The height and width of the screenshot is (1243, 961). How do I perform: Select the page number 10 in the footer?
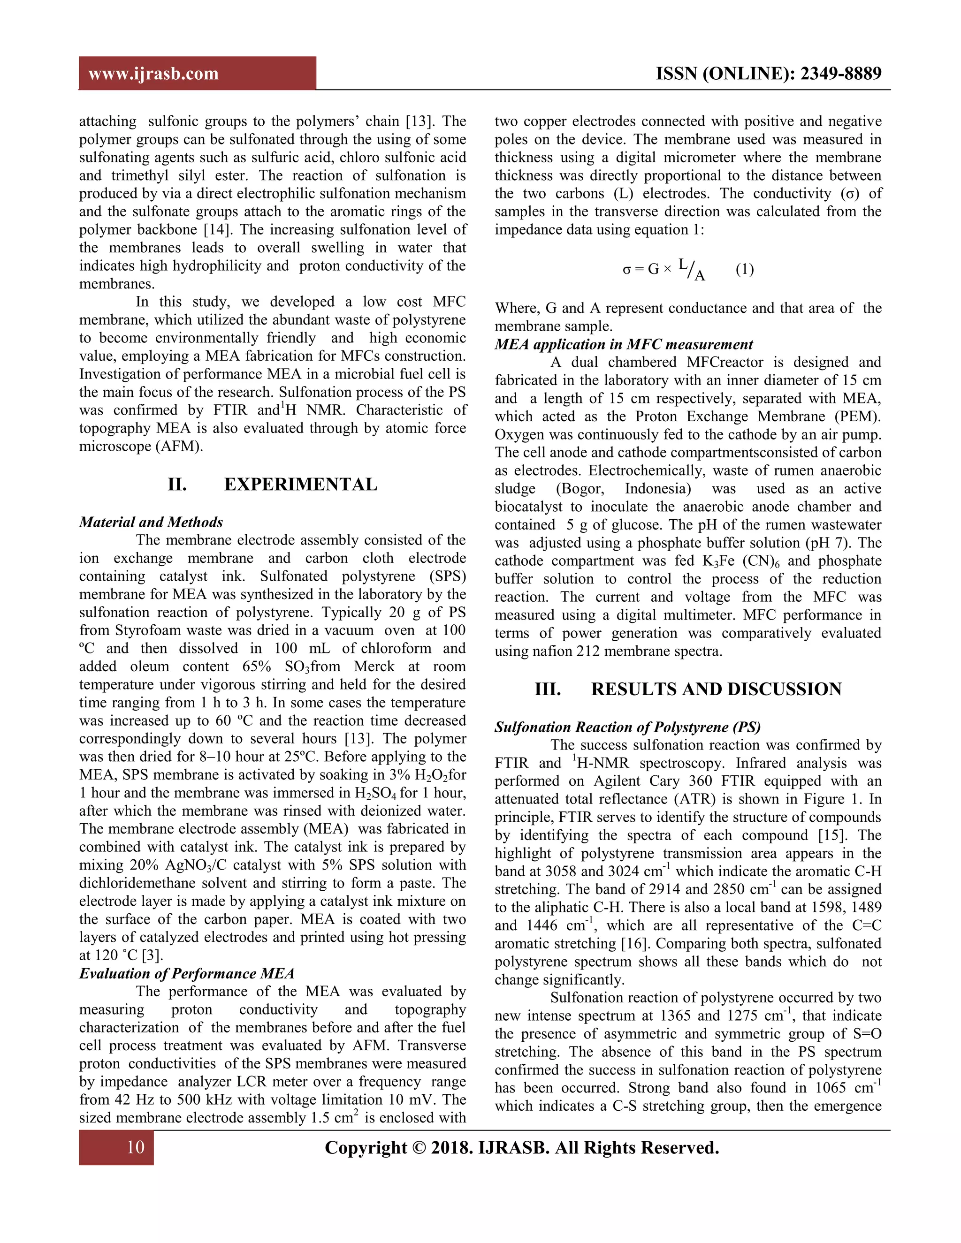[136, 1147]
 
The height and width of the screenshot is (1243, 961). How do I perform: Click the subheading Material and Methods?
[151, 522]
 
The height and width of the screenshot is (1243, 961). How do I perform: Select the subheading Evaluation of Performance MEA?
[186, 973]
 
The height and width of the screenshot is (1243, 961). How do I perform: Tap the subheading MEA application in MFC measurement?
[624, 344]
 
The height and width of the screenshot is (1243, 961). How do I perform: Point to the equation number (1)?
[744, 269]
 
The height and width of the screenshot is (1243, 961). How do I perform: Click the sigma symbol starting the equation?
[626, 270]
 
